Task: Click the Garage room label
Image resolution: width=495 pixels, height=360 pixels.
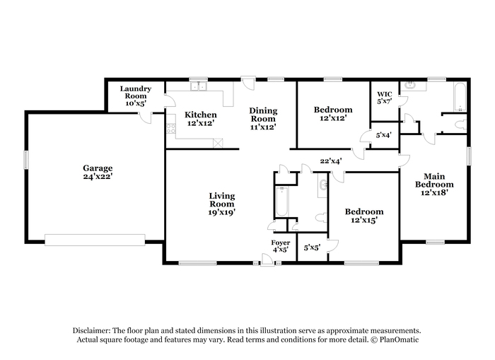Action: click(x=98, y=168)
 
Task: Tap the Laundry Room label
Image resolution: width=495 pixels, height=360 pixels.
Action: click(x=136, y=92)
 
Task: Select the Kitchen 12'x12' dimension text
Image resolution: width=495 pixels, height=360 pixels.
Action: click(x=201, y=123)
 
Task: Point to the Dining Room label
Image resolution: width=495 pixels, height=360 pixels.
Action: click(x=263, y=115)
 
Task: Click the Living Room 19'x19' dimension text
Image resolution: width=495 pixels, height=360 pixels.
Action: click(x=221, y=212)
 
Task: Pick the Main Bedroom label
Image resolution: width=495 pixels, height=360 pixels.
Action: click(x=434, y=180)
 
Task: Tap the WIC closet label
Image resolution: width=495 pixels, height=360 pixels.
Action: click(x=385, y=94)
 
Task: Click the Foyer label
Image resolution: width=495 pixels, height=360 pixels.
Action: click(x=280, y=243)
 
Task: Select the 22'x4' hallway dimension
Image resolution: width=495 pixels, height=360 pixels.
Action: click(x=331, y=161)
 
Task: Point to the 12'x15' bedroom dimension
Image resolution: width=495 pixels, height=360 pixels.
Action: click(x=364, y=220)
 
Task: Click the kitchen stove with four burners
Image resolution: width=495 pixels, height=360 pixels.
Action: click(x=171, y=128)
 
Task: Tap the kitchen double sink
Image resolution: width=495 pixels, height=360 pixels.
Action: click(x=198, y=86)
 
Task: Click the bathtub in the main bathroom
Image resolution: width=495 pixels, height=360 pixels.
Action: click(x=460, y=97)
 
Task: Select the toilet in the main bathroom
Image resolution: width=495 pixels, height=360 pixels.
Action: click(x=461, y=124)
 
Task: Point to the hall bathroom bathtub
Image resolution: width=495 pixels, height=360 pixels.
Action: click(x=281, y=202)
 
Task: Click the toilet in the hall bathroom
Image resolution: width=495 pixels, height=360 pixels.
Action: click(x=321, y=217)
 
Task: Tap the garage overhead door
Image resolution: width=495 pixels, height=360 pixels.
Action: click(x=95, y=240)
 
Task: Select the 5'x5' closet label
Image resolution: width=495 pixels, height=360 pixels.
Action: click(x=313, y=248)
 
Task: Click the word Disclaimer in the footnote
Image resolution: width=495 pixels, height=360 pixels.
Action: click(x=91, y=330)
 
